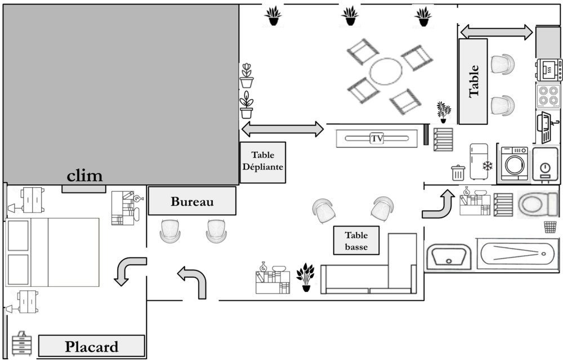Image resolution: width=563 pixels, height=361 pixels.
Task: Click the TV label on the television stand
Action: click(376, 138)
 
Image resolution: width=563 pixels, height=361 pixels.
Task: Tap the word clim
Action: click(85, 177)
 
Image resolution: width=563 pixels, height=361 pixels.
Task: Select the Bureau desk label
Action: click(192, 201)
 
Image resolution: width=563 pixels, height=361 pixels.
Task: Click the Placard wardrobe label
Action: click(91, 346)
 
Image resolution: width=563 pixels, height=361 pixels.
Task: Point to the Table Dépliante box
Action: click(263, 162)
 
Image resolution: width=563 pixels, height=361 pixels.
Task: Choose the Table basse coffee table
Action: click(356, 241)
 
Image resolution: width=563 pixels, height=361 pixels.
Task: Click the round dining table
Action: click(386, 71)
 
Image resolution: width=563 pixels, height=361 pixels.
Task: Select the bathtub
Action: click(518, 255)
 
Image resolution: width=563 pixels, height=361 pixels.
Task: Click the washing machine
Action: click(515, 164)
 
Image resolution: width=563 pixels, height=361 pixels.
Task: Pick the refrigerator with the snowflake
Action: click(481, 161)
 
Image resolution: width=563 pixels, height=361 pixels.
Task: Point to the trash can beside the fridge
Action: click(458, 172)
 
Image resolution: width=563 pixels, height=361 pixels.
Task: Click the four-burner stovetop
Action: click(548, 96)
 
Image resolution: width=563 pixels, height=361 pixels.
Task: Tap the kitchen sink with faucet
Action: click(547, 127)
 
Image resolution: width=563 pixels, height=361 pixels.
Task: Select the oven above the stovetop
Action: click(549, 70)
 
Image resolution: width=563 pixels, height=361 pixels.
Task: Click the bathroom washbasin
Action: click(449, 257)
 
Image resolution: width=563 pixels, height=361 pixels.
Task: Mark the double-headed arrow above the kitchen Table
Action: click(496, 32)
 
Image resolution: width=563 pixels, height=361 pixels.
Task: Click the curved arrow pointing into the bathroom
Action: click(438, 204)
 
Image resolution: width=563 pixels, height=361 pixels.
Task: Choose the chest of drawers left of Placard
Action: click(23, 343)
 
